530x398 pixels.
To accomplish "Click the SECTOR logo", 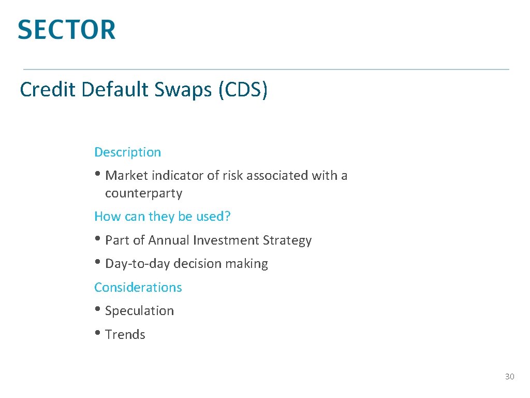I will coord(67,30).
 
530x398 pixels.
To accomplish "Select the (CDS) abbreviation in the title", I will coord(243,90).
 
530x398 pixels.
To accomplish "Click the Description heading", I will coord(127,152).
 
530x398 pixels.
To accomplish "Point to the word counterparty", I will coord(143,194).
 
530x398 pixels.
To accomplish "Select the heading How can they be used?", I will coord(162,217).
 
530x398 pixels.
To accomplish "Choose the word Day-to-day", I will coord(137,264).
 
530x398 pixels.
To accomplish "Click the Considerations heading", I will coord(138,288).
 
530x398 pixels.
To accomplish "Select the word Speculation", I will coord(139,311).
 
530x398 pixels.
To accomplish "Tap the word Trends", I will coord(125,335).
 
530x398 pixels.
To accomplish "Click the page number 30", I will coord(509,377).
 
